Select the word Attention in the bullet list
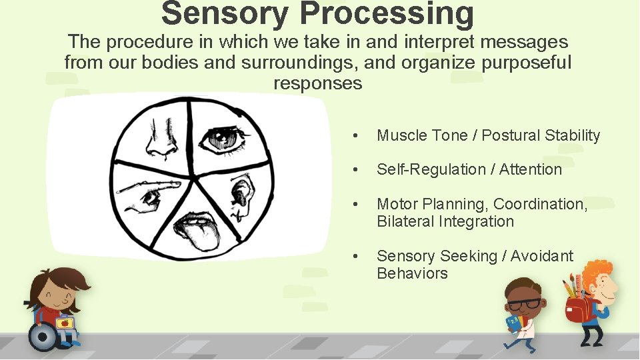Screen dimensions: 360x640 click(531, 169)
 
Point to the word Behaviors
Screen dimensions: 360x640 click(412, 273)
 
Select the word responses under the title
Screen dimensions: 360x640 click(318, 83)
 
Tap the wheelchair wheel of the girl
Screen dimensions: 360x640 click(43, 337)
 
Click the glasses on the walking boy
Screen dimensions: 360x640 click(525, 304)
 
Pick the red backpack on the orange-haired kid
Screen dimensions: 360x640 click(577, 308)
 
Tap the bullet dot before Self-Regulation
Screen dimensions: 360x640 click(358, 170)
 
